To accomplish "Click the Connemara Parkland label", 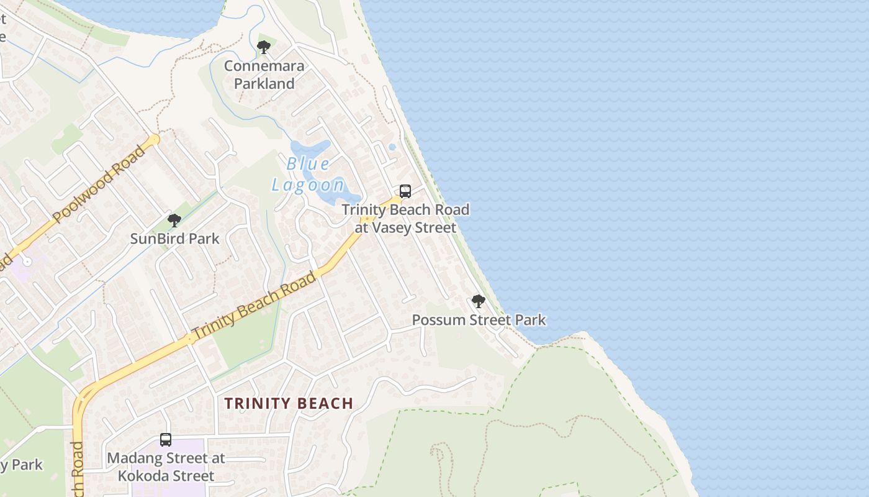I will tap(264, 75).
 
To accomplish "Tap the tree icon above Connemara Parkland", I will tap(264, 47).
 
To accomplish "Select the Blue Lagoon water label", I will tap(308, 175).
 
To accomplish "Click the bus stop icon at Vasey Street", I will tap(405, 191).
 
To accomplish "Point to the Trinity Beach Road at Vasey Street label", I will tap(405, 219).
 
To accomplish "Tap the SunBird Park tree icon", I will tap(174, 221).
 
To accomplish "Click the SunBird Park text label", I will tap(174, 239).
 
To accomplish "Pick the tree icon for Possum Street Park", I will tap(478, 302).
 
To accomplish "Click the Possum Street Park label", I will tap(479, 321).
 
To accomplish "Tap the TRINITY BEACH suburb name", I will tap(289, 404).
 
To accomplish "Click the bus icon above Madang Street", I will tap(166, 440).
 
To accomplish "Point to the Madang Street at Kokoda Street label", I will tap(166, 467).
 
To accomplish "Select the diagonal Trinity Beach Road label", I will tap(254, 306).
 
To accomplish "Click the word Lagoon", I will tap(308, 185).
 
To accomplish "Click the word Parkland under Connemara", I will tap(264, 83).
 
